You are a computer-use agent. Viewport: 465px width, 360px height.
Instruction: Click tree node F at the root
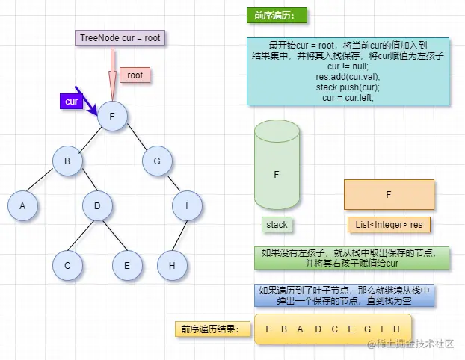111,117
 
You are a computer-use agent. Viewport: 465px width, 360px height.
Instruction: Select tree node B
67,161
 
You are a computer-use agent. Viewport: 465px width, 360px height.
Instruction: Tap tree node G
156,161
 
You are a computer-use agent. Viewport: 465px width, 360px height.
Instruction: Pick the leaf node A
22,206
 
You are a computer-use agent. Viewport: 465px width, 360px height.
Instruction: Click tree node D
97,206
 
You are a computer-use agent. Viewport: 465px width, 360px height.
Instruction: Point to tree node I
186,206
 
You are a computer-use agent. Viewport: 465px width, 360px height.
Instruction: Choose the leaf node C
67,265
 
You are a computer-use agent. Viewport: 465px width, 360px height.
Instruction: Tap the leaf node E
126,265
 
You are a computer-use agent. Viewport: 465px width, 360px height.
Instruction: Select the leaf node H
172,265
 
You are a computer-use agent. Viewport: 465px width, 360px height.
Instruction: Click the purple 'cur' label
72,101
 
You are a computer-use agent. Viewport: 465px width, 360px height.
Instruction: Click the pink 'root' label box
135,75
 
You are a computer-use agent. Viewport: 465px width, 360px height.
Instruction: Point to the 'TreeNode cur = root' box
120,38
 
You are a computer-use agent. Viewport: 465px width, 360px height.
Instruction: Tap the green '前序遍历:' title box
276,16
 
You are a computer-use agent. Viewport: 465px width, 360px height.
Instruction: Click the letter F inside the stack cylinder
277,174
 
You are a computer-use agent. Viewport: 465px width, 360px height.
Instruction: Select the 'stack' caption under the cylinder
277,224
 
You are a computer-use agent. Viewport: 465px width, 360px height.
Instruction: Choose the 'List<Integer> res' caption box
389,224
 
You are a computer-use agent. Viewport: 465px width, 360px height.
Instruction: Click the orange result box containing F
389,194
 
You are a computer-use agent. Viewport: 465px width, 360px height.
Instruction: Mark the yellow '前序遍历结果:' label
210,329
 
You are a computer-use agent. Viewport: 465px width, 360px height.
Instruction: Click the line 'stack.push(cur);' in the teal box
348,87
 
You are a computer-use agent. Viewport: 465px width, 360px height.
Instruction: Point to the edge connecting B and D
82,184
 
